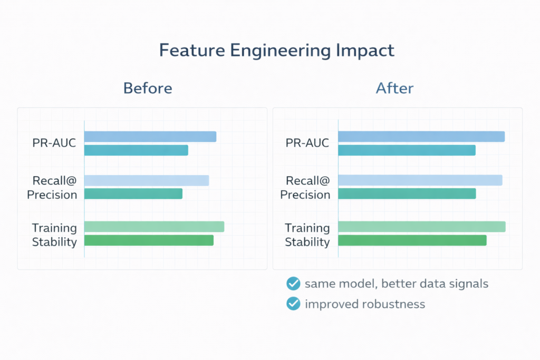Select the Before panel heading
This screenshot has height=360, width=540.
click(x=148, y=88)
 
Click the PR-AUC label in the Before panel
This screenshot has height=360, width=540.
click(x=55, y=143)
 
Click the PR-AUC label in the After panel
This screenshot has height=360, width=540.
click(x=307, y=143)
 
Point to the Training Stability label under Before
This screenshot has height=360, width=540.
click(x=54, y=235)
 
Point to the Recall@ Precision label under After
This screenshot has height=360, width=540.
click(x=305, y=188)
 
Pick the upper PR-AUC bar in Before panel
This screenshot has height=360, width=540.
click(x=150, y=137)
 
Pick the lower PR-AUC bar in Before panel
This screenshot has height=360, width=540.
click(x=136, y=150)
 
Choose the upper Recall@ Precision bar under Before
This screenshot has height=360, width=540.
click(x=147, y=180)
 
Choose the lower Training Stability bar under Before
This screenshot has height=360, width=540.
click(x=149, y=240)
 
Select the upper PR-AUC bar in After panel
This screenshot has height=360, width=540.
click(x=421, y=137)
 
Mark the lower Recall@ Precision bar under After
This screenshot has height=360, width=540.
click(x=407, y=193)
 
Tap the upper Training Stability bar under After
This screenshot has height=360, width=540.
click(x=422, y=227)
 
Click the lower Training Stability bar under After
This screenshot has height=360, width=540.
click(x=412, y=240)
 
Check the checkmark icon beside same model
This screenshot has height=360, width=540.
click(x=293, y=284)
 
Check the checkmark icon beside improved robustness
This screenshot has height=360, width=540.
click(x=293, y=304)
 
